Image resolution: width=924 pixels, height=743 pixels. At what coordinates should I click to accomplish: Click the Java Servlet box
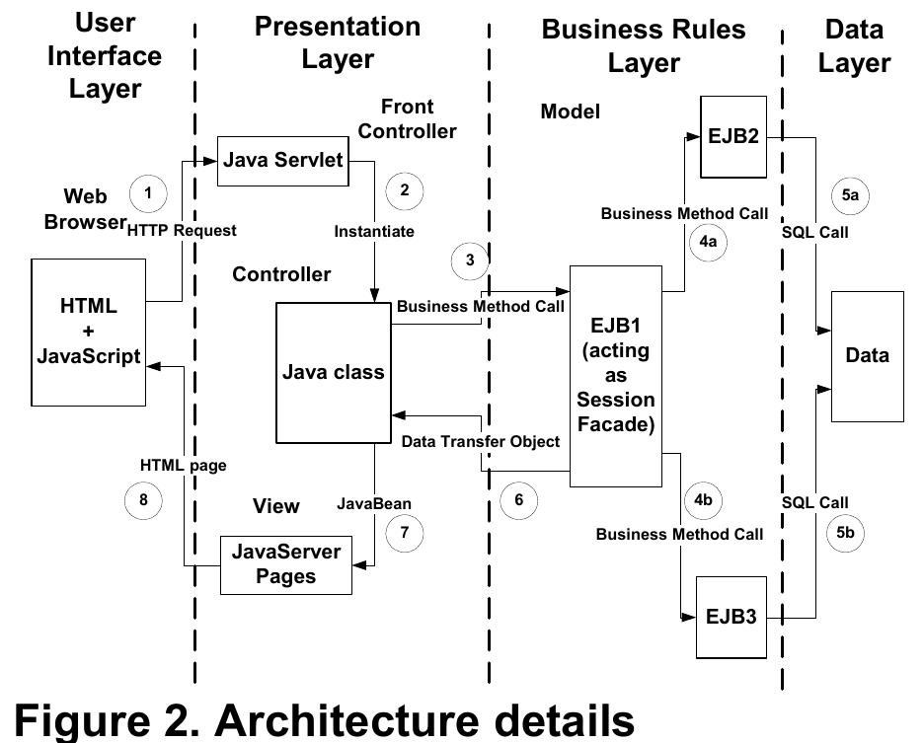point(282,159)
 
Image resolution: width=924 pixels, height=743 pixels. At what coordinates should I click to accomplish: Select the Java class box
point(333,372)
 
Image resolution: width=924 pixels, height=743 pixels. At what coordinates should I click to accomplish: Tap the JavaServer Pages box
point(285,564)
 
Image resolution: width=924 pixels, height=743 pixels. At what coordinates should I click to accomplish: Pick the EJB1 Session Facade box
point(615,376)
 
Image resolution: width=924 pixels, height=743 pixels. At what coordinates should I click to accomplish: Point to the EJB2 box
point(733,136)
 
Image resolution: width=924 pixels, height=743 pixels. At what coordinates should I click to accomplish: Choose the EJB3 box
point(731,618)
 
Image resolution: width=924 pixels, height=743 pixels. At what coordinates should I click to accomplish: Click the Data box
point(867,356)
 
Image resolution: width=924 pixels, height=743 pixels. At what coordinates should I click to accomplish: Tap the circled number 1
point(148,192)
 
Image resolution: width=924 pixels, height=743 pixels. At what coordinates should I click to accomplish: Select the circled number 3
point(470,260)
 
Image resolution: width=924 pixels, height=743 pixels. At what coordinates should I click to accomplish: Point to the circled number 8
point(143,500)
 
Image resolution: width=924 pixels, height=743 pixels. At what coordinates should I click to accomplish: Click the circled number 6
point(519,500)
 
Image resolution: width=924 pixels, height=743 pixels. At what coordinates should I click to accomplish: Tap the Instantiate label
point(374,231)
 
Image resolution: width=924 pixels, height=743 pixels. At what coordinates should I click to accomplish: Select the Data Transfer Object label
point(481,441)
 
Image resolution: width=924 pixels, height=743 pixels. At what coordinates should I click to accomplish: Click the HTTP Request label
point(182,230)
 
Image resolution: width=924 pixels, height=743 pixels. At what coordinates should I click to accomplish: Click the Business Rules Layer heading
point(644,45)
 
